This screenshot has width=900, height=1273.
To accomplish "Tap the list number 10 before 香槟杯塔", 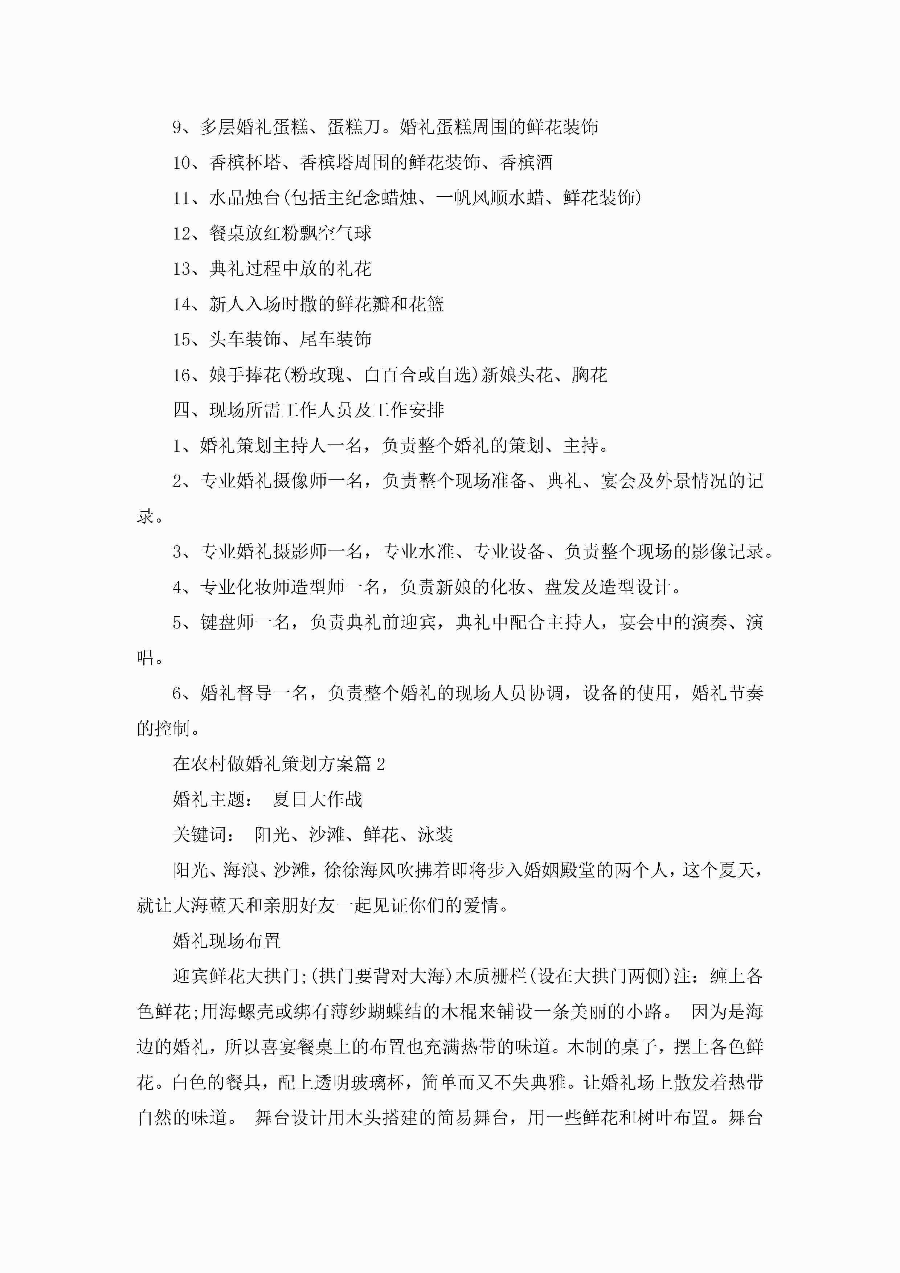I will click(181, 163).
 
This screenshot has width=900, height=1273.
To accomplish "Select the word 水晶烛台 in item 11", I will click(245, 198).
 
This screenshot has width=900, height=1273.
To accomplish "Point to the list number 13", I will click(181, 269).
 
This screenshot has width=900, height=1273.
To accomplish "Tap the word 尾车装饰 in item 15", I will click(335, 339).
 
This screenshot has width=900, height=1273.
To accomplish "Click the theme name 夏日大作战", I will click(317, 799).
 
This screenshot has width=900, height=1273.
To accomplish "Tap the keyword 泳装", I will click(435, 834).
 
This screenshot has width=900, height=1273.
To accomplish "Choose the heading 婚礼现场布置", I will click(227, 941).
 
